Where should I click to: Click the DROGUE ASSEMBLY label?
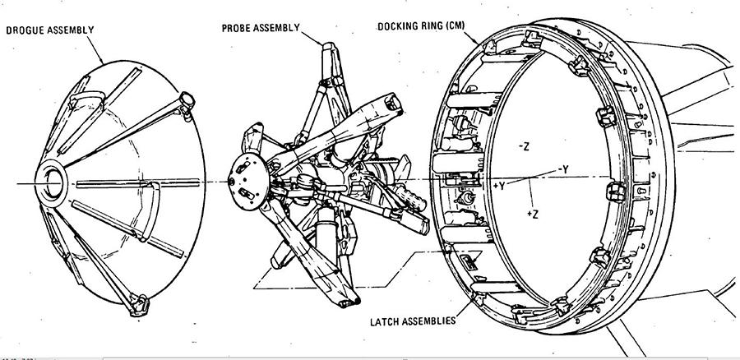click(50, 30)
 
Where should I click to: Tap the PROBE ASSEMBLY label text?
click(261, 28)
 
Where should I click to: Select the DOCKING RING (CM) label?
click(421, 26)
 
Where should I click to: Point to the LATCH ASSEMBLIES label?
click(413, 321)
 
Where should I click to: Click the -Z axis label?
click(524, 147)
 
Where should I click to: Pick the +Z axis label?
click(533, 215)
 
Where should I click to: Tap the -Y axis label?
click(563, 169)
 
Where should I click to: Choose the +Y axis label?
click(499, 186)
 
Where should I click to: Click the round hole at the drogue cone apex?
click(53, 183)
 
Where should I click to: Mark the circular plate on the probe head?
click(248, 181)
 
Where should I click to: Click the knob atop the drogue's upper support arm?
click(187, 100)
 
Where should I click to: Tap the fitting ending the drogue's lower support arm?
click(140, 304)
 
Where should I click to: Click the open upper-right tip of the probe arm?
click(393, 101)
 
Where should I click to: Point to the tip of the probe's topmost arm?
click(329, 46)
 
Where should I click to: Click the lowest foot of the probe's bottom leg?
click(349, 302)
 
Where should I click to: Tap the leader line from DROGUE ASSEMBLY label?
click(95, 50)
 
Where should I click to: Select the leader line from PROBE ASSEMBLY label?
click(312, 38)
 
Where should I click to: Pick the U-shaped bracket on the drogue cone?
click(150, 211)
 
